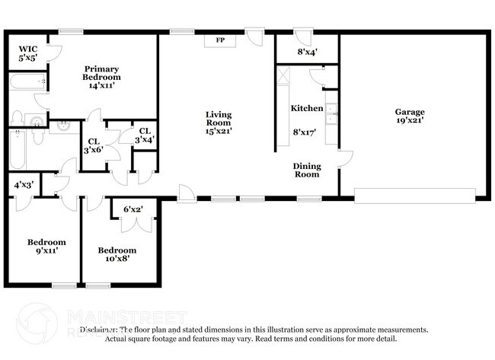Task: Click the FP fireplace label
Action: click(221, 40)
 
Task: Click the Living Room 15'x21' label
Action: click(219, 123)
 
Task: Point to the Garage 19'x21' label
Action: click(409, 115)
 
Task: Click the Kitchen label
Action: click(307, 108)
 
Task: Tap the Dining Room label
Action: click(307, 170)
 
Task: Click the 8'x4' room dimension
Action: click(307, 52)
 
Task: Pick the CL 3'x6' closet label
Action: click(94, 145)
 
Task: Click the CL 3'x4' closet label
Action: click(144, 135)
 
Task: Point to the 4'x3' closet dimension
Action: click(23, 184)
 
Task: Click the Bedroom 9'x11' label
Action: click(43, 246)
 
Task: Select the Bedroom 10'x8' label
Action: click(117, 254)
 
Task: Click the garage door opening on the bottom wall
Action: click(416, 197)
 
